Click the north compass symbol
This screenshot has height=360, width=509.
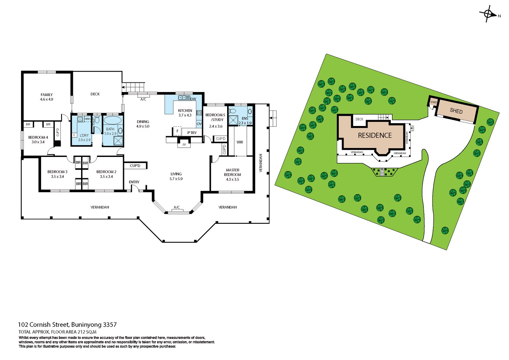(488, 14)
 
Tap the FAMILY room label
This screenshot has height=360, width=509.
(46, 97)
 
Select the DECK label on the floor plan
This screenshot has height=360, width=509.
(95, 94)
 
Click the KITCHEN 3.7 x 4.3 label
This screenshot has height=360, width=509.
(185, 113)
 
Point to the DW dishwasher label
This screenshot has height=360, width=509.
(193, 99)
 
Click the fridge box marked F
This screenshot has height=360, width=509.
(177, 131)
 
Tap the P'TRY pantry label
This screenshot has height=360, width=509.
(192, 133)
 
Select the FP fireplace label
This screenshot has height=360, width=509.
(184, 145)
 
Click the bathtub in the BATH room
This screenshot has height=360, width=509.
(112, 121)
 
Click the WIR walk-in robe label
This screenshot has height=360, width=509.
(240, 142)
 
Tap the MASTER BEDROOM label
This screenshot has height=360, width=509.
(233, 174)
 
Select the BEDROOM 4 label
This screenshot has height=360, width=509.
(38, 139)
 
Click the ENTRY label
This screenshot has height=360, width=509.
(134, 182)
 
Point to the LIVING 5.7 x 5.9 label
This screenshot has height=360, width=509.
(176, 176)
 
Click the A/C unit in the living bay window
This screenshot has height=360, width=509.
(176, 208)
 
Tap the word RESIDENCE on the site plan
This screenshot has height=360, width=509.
(375, 135)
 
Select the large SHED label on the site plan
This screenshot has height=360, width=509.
(456, 111)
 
